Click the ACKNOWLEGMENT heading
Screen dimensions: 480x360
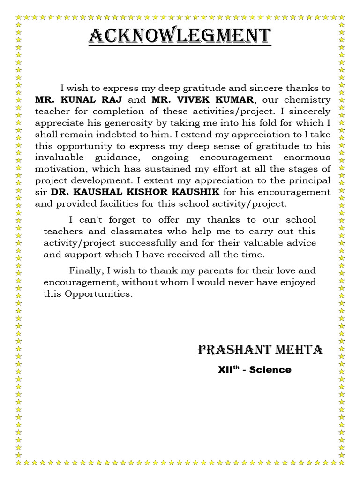click(180, 36)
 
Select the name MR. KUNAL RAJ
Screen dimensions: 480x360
click(78, 100)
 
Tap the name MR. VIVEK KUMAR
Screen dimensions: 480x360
click(202, 100)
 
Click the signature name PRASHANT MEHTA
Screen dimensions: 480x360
click(260, 350)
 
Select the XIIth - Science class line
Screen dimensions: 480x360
click(255, 370)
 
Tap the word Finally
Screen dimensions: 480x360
click(85, 271)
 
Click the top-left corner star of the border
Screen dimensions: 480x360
click(19, 17)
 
